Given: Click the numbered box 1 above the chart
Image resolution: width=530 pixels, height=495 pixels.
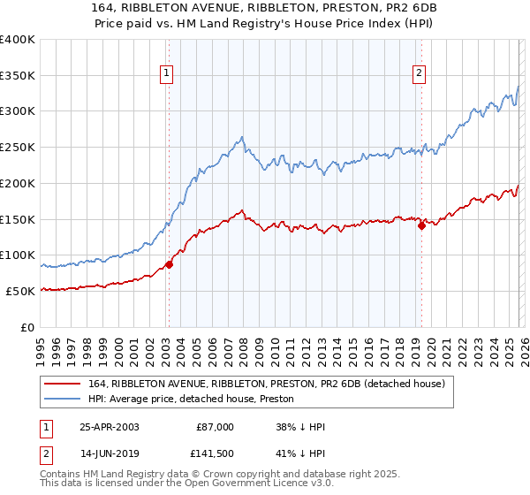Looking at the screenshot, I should point(167,74).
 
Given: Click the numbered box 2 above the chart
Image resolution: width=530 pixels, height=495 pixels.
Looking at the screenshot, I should point(419,74).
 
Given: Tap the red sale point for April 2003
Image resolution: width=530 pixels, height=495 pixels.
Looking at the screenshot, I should point(169,264).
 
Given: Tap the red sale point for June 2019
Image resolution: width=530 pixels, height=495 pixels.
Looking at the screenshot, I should point(421,225).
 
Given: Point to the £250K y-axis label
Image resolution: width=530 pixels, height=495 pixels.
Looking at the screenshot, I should point(17,148).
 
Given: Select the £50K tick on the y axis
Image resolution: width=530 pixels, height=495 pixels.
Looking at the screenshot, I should point(19,291).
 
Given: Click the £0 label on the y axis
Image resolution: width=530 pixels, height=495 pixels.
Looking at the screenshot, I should point(26,327).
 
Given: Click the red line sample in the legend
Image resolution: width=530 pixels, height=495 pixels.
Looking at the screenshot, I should point(63,384).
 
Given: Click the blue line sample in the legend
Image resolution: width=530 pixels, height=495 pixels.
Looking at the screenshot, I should point(63,400).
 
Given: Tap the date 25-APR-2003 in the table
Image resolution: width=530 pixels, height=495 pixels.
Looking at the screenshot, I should point(110,427).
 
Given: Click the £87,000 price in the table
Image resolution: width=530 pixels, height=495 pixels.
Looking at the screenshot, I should point(216,427).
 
